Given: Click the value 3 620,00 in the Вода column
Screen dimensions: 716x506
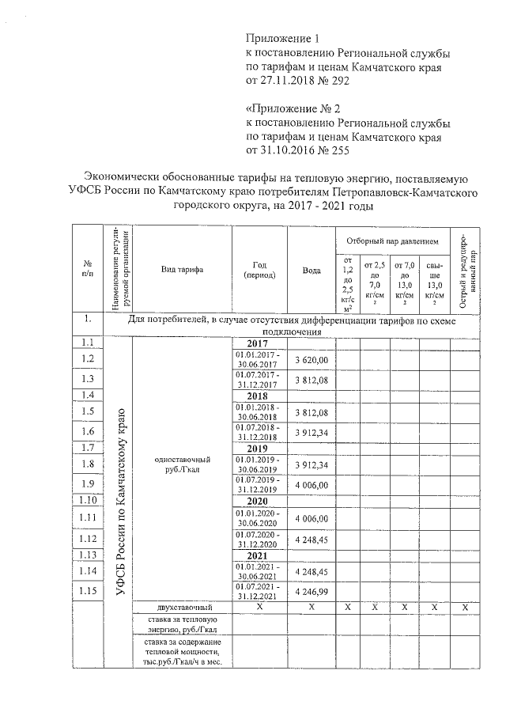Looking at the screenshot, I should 312,360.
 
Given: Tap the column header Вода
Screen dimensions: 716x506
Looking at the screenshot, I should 312,270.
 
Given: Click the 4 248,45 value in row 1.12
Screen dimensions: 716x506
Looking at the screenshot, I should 312,538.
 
